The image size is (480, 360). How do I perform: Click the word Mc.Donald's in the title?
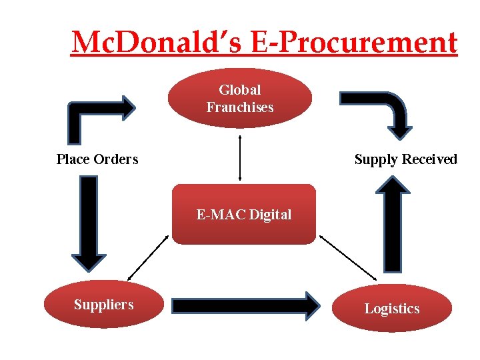pyautogui.click(x=159, y=43)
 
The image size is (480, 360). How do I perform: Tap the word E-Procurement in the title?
pyautogui.click(x=355, y=43)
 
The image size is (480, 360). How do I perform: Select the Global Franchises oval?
pyautogui.click(x=240, y=98)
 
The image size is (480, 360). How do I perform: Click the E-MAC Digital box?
pyautogui.click(x=243, y=214)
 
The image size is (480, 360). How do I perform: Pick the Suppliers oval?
pyautogui.click(x=103, y=305)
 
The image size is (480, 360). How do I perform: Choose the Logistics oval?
pyautogui.click(x=391, y=308)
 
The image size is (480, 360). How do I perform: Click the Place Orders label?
pyautogui.click(x=97, y=159)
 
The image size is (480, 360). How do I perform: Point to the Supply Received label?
pyautogui.click(x=405, y=159)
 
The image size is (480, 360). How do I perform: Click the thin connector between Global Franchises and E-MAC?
pyautogui.click(x=239, y=157)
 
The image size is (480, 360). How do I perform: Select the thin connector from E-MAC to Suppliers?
pyautogui.click(x=147, y=257)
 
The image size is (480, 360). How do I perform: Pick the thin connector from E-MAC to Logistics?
pyautogui.click(x=348, y=257)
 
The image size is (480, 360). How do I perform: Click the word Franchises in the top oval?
pyautogui.click(x=240, y=107)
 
